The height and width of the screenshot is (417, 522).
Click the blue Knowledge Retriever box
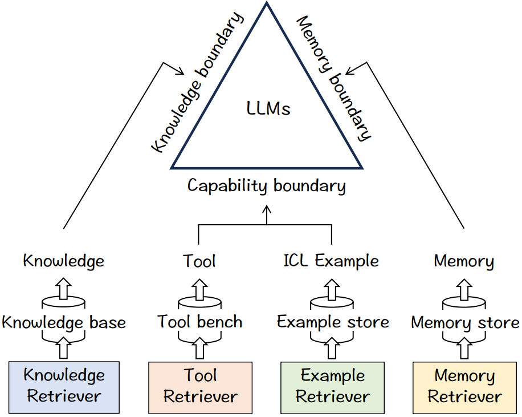(64, 386)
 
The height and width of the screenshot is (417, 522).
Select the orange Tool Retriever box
(200, 386)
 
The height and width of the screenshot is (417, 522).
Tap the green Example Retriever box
(333, 386)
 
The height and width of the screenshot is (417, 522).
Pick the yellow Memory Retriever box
(464, 386)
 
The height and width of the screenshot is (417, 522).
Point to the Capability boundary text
(267, 185)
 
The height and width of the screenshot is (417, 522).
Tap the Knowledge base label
(64, 322)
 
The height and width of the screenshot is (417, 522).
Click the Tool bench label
(200, 322)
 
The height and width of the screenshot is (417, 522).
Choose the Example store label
(333, 322)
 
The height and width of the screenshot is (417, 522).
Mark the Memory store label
(464, 323)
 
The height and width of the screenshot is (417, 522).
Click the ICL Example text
(331, 261)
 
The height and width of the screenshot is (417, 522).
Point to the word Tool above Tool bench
(199, 261)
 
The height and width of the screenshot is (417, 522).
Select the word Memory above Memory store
(464, 261)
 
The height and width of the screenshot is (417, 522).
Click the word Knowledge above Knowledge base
(64, 261)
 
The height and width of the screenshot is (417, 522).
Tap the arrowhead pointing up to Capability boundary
(267, 210)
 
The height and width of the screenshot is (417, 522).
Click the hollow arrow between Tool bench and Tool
(199, 290)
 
